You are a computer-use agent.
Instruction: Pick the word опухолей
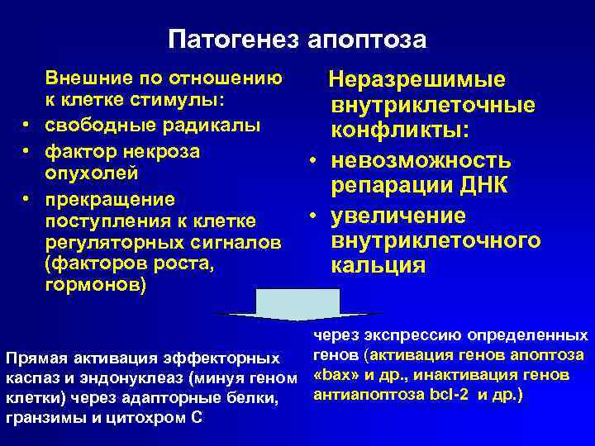[x=91, y=174]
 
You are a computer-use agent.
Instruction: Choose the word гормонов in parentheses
[x=96, y=285]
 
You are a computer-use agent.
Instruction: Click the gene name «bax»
[x=334, y=375]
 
